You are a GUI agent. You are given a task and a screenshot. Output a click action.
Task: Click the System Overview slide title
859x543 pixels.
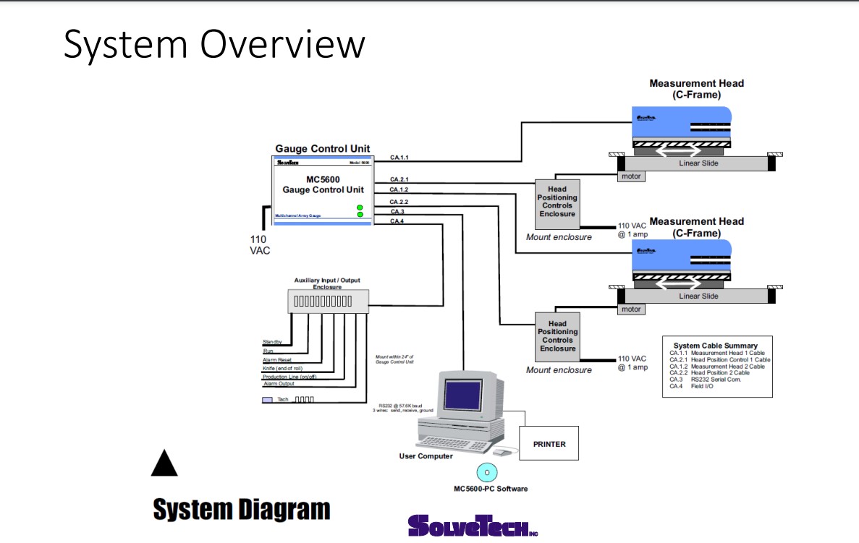[214, 44]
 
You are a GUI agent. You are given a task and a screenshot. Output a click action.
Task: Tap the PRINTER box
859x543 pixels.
[549, 444]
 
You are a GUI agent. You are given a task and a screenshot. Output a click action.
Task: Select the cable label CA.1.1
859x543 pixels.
[399, 157]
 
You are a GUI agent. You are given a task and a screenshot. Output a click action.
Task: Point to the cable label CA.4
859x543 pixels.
[397, 221]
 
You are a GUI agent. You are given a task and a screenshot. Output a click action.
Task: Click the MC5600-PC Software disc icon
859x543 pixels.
[487, 471]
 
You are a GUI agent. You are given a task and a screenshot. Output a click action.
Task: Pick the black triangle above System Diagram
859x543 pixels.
[164, 463]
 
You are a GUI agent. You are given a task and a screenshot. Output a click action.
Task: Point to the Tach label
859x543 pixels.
[283, 399]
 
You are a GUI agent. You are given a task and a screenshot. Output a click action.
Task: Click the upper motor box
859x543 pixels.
[631, 176]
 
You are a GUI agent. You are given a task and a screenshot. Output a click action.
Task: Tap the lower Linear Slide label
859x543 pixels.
[698, 296]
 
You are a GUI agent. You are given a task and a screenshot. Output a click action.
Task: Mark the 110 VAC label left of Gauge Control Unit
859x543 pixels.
[258, 244]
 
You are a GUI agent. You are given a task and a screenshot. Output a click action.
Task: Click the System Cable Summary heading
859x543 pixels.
[715, 346]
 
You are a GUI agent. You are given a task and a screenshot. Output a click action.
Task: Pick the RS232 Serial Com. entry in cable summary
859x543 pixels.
[716, 380]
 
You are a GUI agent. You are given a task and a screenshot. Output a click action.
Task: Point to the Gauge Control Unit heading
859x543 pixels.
[322, 149]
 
